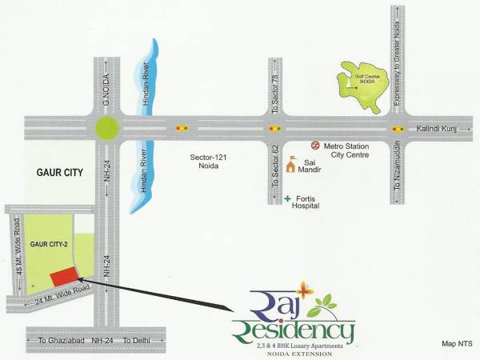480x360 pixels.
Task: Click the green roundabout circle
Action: tap(106, 128)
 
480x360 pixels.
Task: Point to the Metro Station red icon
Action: tap(316, 146)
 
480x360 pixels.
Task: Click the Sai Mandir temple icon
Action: tap(294, 160)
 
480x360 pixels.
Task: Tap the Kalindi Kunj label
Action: tap(439, 128)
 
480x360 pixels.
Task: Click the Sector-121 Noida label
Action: tap(210, 162)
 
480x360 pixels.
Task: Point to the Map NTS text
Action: tap(458, 343)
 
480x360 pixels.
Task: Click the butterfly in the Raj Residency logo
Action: tap(303, 288)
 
